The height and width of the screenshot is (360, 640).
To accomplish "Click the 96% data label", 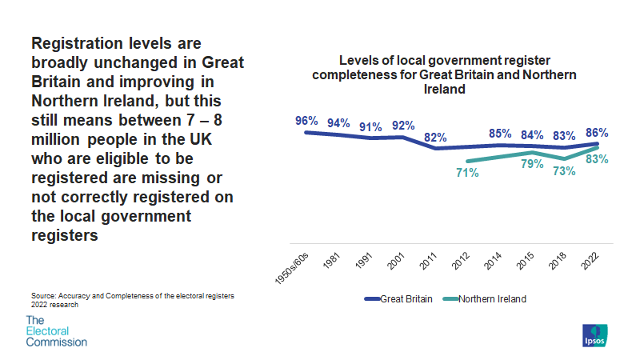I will pyautogui.click(x=306, y=121).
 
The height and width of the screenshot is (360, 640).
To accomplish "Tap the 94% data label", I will pyautogui.click(x=338, y=123).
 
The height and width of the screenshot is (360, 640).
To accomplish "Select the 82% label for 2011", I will pyautogui.click(x=435, y=137).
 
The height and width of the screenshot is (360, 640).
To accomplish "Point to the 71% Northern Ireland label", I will pyautogui.click(x=466, y=173).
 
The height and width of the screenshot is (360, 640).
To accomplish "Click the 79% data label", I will pyautogui.click(x=532, y=164).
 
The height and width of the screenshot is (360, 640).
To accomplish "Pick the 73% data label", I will pyautogui.click(x=564, y=170).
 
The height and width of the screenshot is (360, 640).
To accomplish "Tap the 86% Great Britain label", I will pyautogui.click(x=597, y=133).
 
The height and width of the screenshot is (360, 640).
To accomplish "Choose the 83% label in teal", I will pyautogui.click(x=597, y=159).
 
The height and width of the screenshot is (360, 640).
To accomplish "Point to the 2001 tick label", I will pyautogui.click(x=394, y=257).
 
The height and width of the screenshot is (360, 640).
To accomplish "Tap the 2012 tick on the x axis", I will pyautogui.click(x=460, y=257).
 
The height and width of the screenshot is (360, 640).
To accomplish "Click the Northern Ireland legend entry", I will pyautogui.click(x=489, y=298).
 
